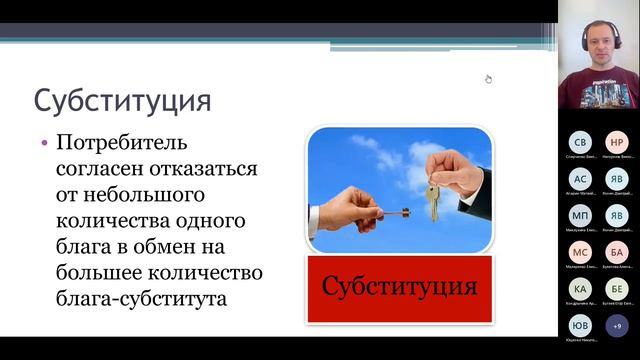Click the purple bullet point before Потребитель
[44, 143]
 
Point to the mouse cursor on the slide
[489, 79]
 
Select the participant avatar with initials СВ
[581, 142]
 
